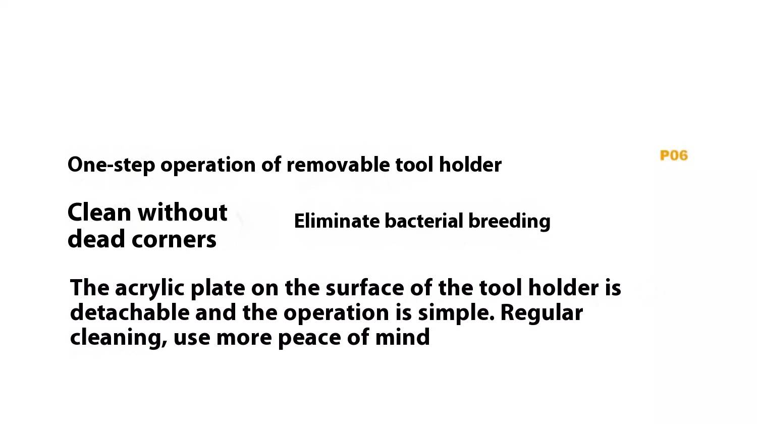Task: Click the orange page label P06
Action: [x=674, y=155]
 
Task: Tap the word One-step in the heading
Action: [x=111, y=165]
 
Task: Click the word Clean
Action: [x=99, y=213]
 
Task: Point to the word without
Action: [x=183, y=213]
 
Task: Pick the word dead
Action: [x=96, y=239]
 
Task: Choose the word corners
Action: [x=174, y=240]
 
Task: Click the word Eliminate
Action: [x=337, y=221]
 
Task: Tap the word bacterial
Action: [x=423, y=221]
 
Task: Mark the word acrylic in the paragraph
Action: [x=150, y=289]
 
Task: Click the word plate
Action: [x=218, y=289]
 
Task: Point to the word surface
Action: [x=365, y=288]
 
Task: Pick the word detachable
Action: [x=130, y=312]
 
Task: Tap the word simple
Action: [x=456, y=314]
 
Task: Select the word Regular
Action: [x=542, y=314]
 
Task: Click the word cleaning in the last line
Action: [x=119, y=338]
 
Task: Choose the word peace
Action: [x=309, y=339]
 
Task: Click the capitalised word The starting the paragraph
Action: [x=89, y=288]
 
